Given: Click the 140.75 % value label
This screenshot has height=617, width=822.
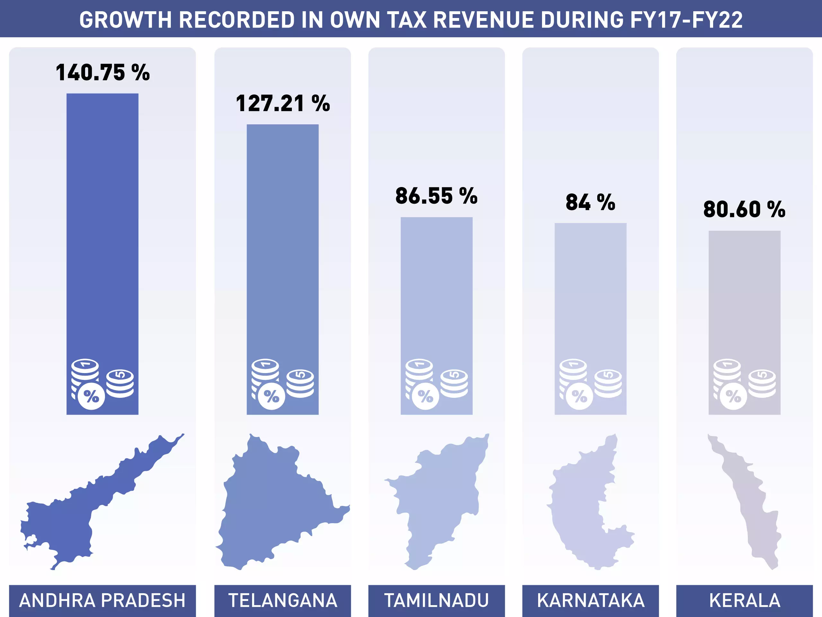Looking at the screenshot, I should (102, 72).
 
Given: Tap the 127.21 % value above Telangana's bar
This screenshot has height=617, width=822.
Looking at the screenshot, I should (283, 103).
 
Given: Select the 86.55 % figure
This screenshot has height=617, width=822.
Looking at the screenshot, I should (436, 196).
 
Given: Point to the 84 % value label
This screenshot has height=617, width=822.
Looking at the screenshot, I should (590, 202).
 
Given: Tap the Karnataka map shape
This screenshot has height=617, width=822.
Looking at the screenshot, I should (580, 513).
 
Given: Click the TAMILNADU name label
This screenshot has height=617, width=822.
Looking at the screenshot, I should (436, 600).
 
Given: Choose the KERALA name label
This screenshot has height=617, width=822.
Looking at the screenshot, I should (744, 600).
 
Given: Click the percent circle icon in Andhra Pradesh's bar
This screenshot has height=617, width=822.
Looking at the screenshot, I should (92, 397).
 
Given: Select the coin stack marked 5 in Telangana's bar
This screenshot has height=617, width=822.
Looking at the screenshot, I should (300, 383).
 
